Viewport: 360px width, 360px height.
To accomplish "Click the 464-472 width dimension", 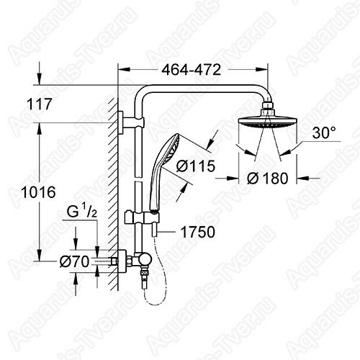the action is pos(191,70).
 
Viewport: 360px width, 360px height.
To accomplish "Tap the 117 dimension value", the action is pos(40,104).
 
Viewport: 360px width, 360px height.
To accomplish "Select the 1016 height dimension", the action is pos(38,192).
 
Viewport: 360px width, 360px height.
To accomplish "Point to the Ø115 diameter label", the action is pos(196,166).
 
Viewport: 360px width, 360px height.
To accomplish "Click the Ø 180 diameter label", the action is pos(267,179).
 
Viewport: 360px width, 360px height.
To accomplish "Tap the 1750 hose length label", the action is pos(198,232).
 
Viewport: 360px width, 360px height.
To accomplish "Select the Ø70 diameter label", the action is pos(74,261).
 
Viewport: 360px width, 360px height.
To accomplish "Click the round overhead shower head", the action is pos(268,122).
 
